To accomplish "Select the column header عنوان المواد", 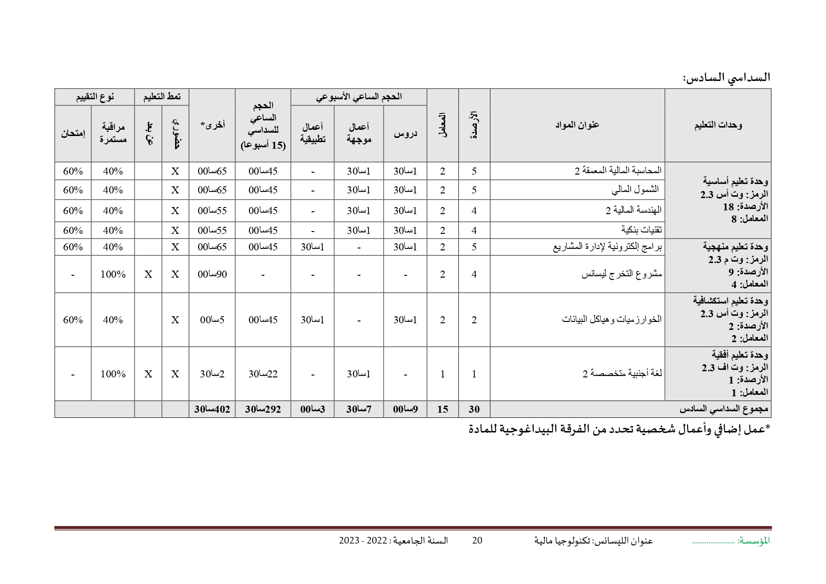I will pyautogui.click(x=577, y=125).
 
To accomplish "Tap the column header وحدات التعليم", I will pyautogui.click(x=718, y=125).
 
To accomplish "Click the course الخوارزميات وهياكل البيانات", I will pyautogui.click(x=611, y=320).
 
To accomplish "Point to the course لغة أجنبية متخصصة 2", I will pyautogui.click(x=622, y=374).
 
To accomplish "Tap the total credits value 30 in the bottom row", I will pyautogui.click(x=474, y=409).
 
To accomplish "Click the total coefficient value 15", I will pyautogui.click(x=442, y=409).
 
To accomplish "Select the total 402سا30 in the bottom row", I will pyautogui.click(x=212, y=409).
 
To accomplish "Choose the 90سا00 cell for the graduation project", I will pyautogui.click(x=212, y=274).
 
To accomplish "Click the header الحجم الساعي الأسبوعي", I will pyautogui.click(x=359, y=96).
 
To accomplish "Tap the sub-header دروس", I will pyautogui.click(x=405, y=134).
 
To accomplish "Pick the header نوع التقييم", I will pyautogui.click(x=95, y=96).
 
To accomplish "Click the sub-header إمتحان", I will pyautogui.click(x=73, y=134).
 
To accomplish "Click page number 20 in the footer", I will pyautogui.click(x=477, y=540).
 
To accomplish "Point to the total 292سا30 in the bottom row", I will pyautogui.click(x=263, y=409).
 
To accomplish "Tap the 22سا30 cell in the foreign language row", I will pyautogui.click(x=263, y=374).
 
